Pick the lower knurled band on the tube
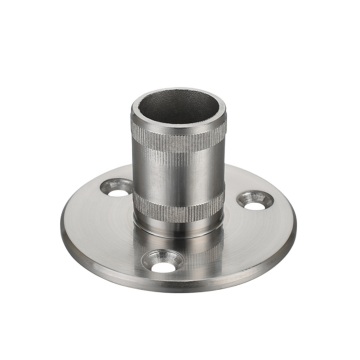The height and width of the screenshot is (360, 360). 178,204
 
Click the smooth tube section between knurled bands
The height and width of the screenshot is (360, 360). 178,178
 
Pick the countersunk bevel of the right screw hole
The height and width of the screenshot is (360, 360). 258,203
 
